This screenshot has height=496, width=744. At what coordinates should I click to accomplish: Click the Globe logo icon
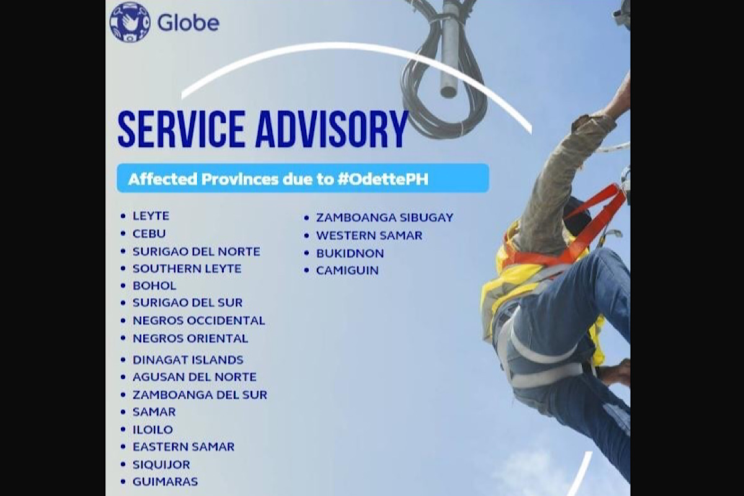[130, 22]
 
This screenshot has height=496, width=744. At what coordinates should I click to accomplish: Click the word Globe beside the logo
[188, 23]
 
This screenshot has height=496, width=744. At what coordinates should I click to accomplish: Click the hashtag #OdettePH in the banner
[383, 179]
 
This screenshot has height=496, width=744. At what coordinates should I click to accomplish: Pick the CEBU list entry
[149, 234]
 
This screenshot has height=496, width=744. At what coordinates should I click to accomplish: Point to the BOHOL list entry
[154, 286]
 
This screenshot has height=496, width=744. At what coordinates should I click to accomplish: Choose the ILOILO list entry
[153, 430]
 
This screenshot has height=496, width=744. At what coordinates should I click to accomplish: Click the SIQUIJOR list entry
[161, 464]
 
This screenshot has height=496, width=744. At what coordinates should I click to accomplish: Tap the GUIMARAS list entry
[165, 482]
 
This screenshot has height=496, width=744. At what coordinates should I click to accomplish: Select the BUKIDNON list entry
[350, 254]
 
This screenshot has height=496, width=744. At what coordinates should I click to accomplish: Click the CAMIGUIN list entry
[347, 270]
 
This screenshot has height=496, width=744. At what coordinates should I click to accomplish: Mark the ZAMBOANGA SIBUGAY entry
[384, 218]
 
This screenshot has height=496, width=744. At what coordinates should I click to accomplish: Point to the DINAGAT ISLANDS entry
[188, 360]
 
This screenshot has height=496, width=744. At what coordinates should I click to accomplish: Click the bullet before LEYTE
[123, 216]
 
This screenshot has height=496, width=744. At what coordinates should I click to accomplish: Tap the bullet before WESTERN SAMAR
[306, 236]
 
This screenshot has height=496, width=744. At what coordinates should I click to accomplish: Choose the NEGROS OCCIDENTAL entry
[199, 321]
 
